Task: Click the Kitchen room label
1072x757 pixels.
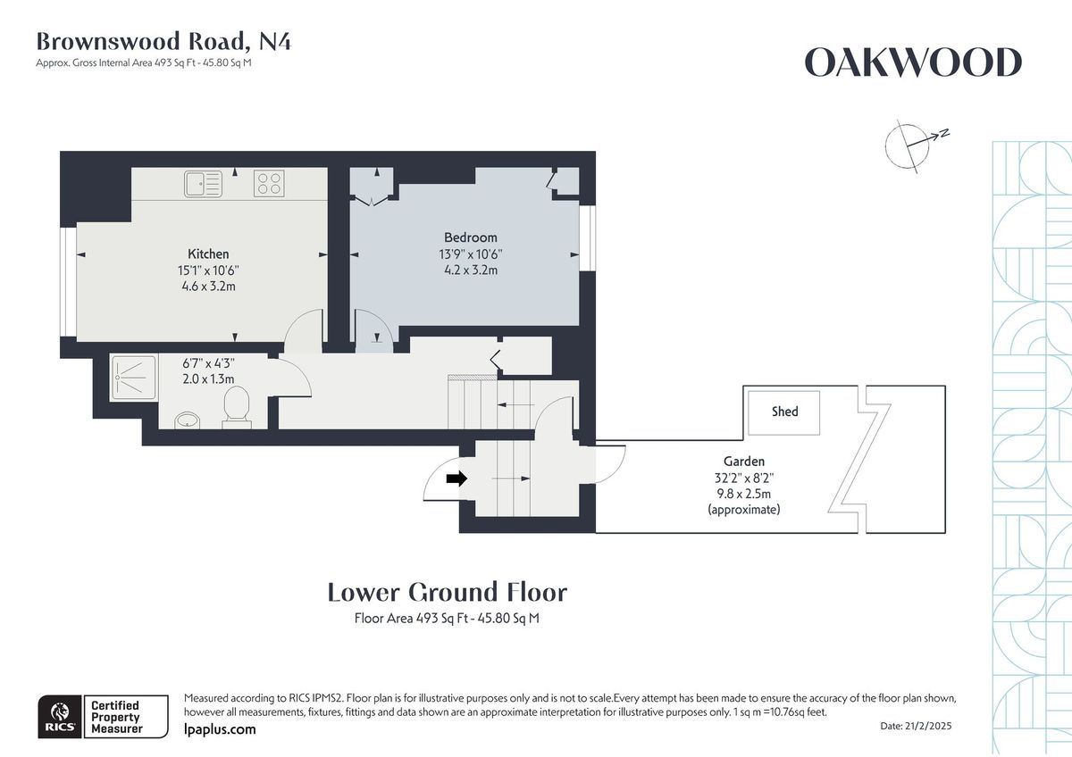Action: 208,254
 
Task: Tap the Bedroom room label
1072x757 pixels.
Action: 471,237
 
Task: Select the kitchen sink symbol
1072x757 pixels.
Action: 204,184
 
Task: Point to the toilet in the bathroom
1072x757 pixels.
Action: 237,407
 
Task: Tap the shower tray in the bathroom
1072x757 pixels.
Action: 134,377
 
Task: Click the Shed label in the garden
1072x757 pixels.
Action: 784,412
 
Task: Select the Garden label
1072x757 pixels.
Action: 743,462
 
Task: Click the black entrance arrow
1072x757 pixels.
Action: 456,479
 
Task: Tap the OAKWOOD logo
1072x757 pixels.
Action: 912,63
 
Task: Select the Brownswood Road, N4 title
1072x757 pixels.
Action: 163,41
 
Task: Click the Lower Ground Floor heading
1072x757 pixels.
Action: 447,592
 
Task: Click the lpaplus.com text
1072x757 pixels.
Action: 219,729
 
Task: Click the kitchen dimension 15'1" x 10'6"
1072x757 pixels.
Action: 208,270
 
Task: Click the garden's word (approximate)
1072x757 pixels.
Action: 743,510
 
